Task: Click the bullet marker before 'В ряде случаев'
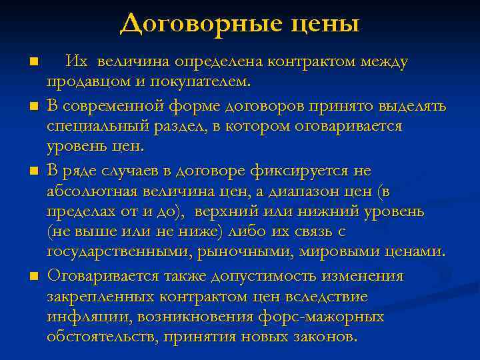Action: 33,171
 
